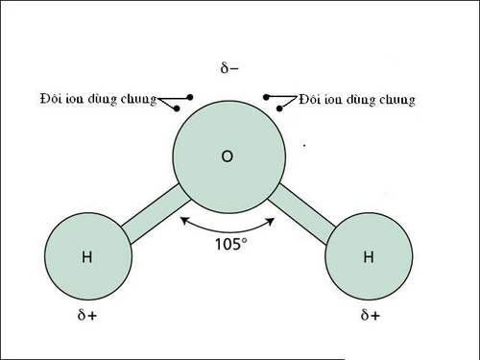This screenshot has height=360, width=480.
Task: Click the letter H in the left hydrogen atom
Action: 86,256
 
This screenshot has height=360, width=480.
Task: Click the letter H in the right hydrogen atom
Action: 369,256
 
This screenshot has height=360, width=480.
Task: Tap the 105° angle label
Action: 230,243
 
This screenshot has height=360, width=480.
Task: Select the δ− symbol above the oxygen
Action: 229,69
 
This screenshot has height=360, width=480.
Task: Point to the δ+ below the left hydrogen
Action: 86,314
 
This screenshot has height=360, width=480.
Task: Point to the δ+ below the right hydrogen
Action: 369,314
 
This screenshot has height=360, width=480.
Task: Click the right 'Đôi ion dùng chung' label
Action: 357,98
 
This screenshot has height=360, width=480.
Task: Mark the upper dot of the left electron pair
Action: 191,97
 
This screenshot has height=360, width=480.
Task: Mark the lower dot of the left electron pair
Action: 180,108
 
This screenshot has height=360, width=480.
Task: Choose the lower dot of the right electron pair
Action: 279,108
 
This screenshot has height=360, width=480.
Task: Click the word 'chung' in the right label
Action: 396,98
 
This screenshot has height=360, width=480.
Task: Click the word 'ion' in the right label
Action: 332,98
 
